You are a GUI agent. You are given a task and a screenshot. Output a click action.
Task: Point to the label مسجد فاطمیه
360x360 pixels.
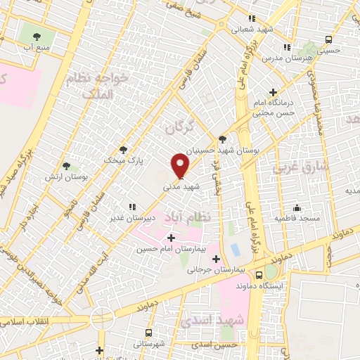point(294,219)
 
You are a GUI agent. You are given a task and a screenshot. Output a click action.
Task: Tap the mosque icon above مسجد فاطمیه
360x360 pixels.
point(297,207)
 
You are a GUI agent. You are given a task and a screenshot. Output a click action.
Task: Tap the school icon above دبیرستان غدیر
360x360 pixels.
point(131,206)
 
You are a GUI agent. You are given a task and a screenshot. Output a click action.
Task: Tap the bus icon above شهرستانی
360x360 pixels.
point(148,333)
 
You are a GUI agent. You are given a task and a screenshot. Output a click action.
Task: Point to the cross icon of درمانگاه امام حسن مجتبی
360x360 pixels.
point(274,92)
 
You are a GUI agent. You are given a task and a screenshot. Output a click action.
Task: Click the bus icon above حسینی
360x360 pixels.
point(329,39)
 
